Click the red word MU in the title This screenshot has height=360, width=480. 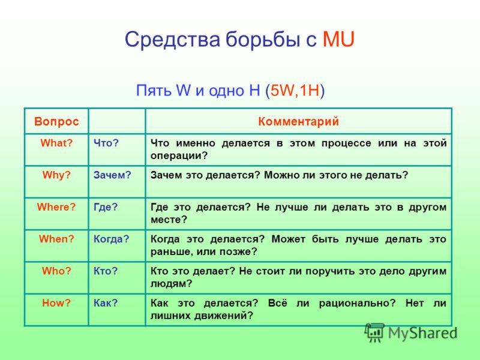point(339,39)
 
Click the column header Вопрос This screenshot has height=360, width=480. point(56,121)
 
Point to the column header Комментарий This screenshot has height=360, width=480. point(298,121)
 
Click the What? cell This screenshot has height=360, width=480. point(56,143)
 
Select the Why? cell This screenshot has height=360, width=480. point(56,175)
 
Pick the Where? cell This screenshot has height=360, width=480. point(56,206)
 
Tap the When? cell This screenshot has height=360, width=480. point(56,238)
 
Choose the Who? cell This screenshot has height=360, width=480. point(56,271)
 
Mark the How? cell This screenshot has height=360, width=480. point(56,303)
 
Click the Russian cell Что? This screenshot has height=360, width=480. point(106,143)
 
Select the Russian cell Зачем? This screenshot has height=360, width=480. point(112,175)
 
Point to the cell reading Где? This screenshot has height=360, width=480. point(106,206)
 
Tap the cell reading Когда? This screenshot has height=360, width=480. point(112,238)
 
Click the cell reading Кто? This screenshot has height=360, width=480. point(106,271)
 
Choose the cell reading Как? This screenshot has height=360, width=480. point(106,303)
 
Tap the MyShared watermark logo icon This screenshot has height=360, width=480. point(375,332)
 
